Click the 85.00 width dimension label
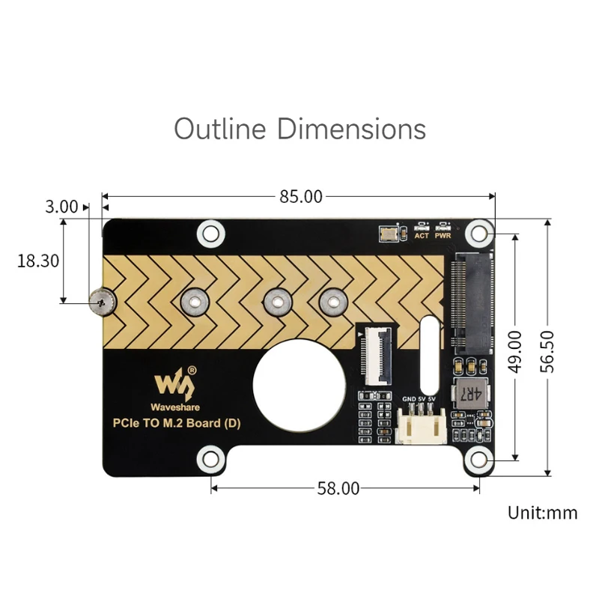300,197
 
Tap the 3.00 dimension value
61,207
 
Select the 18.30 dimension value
38,261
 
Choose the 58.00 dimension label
338,488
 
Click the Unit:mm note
542,513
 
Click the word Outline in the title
220,129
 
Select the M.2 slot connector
472,303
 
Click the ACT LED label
422,236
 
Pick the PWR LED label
443,236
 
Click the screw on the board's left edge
100,302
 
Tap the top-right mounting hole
478,234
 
